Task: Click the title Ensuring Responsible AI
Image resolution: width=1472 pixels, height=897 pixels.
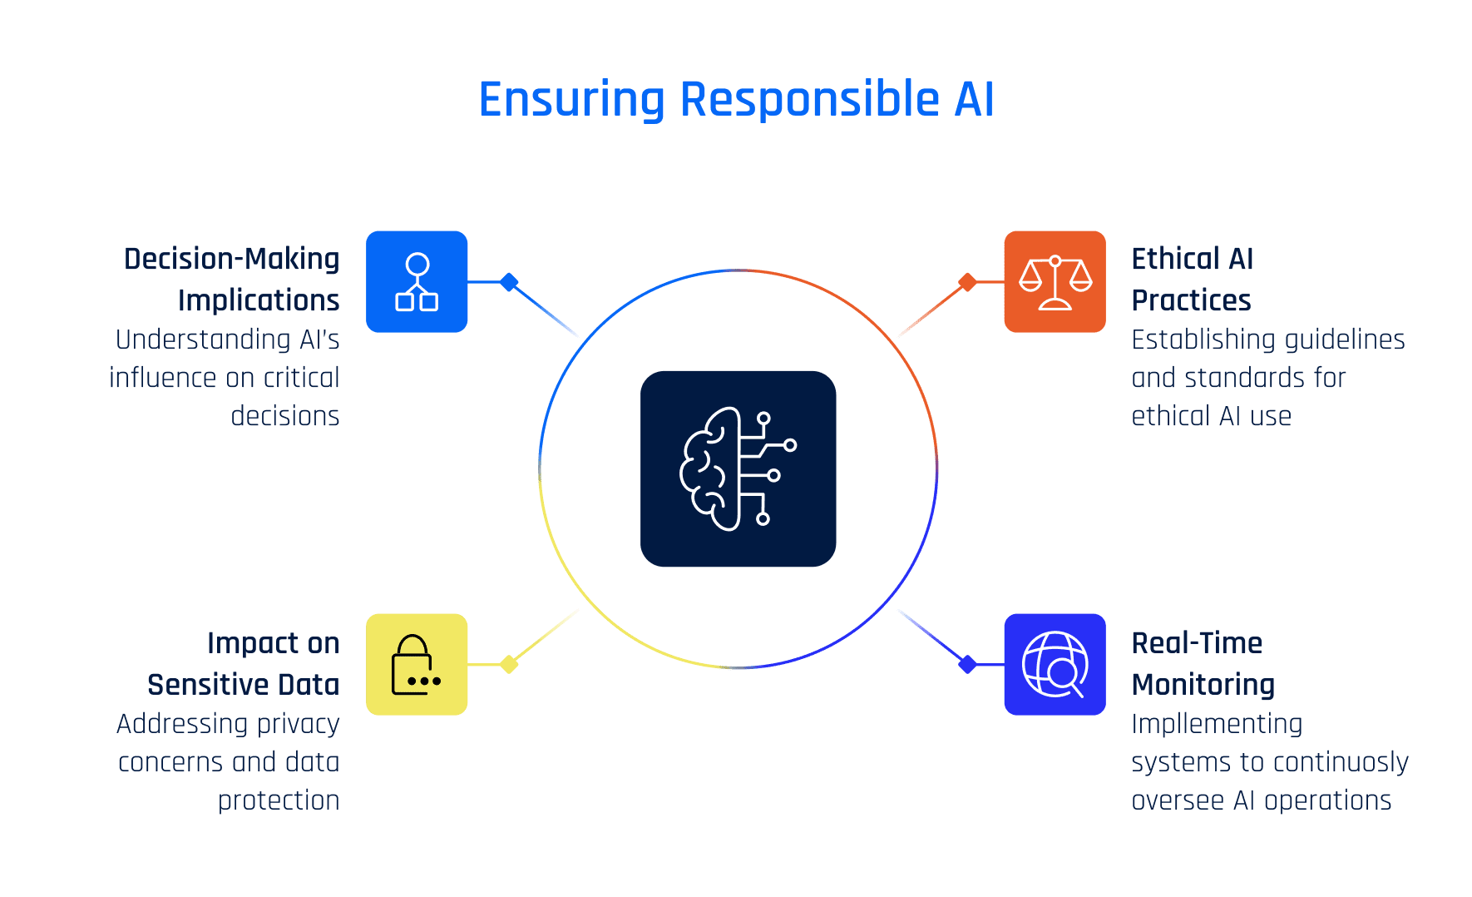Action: pyautogui.click(x=736, y=100)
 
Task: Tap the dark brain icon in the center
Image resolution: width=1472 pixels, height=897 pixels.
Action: pyautogui.click(x=738, y=468)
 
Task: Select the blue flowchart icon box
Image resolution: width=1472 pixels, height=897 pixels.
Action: pyautogui.click(x=417, y=281)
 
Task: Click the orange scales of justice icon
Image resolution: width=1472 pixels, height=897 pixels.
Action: pyautogui.click(x=1055, y=281)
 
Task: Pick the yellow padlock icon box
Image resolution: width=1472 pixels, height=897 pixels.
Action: pyautogui.click(x=417, y=664)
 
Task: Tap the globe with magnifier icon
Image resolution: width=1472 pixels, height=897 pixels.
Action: pyautogui.click(x=1055, y=664)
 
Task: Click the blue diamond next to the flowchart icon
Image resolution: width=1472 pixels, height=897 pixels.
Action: pyautogui.click(x=509, y=282)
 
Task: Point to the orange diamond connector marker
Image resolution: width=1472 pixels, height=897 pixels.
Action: pyautogui.click(x=966, y=282)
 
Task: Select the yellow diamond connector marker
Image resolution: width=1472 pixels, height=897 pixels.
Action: pyautogui.click(x=509, y=664)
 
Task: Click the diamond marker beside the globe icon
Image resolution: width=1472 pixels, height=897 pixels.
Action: pyautogui.click(x=966, y=664)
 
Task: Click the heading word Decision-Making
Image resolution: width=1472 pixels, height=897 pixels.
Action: pyautogui.click(x=231, y=260)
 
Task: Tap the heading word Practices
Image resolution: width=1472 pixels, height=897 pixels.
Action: pyautogui.click(x=1191, y=300)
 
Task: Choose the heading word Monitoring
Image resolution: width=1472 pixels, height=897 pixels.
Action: pyautogui.click(x=1203, y=685)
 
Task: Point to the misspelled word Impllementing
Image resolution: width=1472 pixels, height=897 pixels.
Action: pyautogui.click(x=1217, y=724)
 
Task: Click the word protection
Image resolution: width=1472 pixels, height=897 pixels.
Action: pyautogui.click(x=279, y=800)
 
